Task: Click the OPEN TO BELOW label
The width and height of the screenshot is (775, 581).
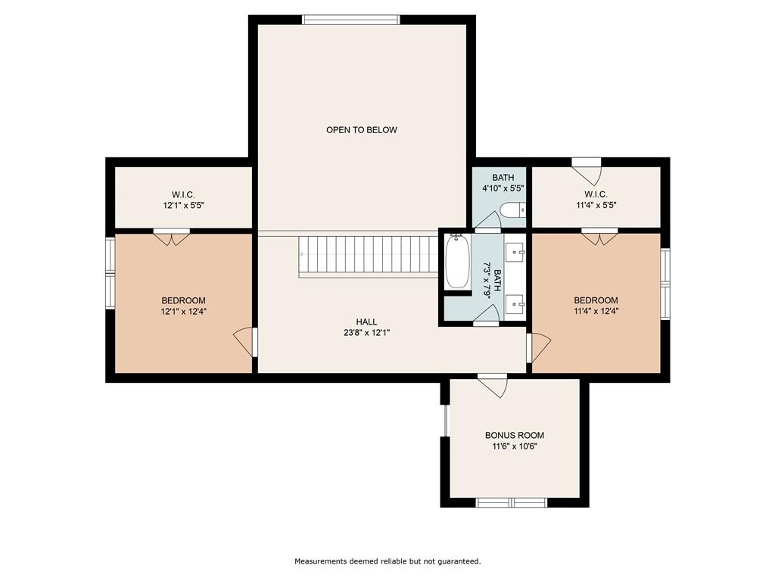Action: pyautogui.click(x=361, y=130)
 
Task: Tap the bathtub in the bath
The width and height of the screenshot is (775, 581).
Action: pyautogui.click(x=457, y=263)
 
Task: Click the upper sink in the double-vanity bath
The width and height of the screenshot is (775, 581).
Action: pyautogui.click(x=518, y=249)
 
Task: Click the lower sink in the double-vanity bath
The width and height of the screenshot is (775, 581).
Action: pyautogui.click(x=518, y=304)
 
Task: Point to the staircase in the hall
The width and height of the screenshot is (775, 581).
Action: pyautogui.click(x=369, y=256)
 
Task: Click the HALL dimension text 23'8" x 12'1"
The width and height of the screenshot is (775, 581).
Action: pyautogui.click(x=366, y=332)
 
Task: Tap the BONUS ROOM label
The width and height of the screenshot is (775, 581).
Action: pyautogui.click(x=514, y=435)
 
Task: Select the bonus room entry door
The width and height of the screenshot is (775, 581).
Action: pyautogui.click(x=492, y=385)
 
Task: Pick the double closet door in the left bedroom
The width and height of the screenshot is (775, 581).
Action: pyautogui.click(x=172, y=237)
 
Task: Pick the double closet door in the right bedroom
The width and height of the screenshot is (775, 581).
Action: pyautogui.click(x=599, y=237)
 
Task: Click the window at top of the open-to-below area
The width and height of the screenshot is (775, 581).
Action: pyautogui.click(x=351, y=20)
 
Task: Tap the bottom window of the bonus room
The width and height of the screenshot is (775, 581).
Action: pyautogui.click(x=512, y=502)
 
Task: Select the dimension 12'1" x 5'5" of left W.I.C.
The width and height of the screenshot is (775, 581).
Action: pyautogui.click(x=183, y=205)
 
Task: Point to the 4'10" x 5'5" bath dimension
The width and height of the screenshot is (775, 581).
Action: pyautogui.click(x=503, y=188)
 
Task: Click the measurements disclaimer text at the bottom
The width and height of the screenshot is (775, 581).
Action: pyautogui.click(x=387, y=561)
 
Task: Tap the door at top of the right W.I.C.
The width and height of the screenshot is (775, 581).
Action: pyautogui.click(x=586, y=167)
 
